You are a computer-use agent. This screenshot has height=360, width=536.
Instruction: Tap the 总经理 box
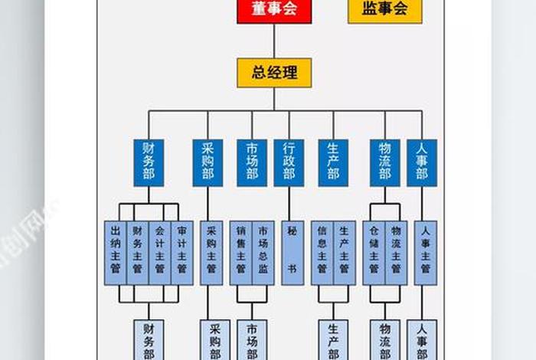(273, 73)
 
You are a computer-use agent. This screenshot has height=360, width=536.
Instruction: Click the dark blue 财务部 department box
(149, 162)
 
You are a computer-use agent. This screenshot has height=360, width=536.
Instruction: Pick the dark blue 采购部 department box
(208, 162)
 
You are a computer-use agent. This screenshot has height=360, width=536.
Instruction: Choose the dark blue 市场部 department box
(252, 162)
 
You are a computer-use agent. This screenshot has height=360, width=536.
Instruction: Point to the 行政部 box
(289, 162)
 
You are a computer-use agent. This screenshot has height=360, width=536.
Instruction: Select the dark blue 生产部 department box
(333, 162)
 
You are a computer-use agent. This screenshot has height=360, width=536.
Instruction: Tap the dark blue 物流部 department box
(384, 162)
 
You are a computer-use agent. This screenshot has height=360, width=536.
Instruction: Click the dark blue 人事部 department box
(421, 162)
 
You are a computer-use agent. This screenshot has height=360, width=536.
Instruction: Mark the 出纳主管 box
(116, 253)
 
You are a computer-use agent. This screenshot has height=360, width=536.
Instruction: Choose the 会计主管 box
(159, 253)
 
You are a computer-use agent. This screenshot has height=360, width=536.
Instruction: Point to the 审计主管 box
(181, 253)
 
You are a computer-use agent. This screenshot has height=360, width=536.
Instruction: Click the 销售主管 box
(241, 253)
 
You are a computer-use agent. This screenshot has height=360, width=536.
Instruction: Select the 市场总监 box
(263, 253)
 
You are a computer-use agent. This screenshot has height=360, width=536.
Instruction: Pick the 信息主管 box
(322, 253)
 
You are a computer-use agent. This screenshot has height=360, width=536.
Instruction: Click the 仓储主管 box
(374, 253)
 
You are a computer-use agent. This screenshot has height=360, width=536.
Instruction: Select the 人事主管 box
(425, 253)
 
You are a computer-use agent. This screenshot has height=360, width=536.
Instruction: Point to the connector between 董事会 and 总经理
(273, 41)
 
